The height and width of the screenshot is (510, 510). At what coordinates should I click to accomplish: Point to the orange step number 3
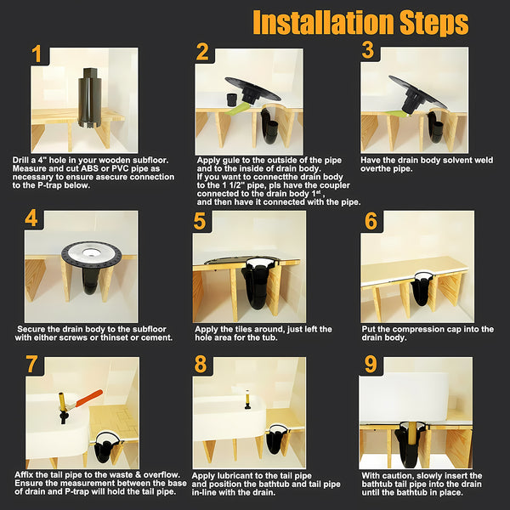tap(367, 50)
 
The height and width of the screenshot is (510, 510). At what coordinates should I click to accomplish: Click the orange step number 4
tap(31, 218)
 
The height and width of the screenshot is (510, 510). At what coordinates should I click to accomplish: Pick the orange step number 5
tap(200, 222)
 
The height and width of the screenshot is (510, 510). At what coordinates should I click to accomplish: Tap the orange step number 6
tap(370, 220)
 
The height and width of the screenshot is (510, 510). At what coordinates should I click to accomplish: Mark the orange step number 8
tap(200, 365)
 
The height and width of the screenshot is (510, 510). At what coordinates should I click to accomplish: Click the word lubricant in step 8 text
tap(245, 475)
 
